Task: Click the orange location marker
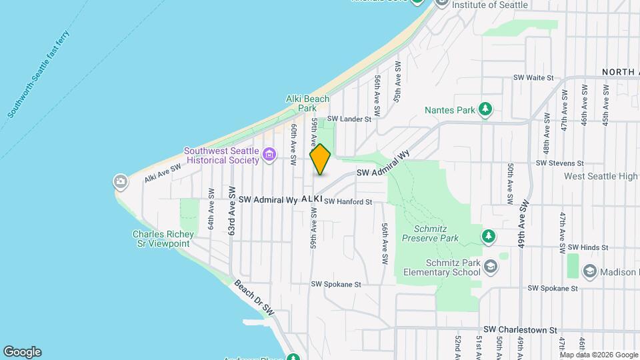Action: (320, 159)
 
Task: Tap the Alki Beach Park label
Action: (307, 103)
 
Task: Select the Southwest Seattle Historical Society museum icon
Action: (269, 155)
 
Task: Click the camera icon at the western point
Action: (121, 181)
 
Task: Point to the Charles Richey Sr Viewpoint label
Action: (163, 239)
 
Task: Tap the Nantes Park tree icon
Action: (486, 108)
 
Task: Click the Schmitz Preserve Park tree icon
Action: (489, 237)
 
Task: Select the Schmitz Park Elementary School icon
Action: (491, 267)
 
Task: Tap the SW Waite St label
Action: (533, 78)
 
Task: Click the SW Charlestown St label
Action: (520, 330)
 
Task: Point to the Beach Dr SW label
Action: (254, 297)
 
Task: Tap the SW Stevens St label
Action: (559, 163)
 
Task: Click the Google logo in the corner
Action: (22, 352)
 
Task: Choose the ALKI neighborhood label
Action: (312, 199)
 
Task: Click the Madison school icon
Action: (589, 271)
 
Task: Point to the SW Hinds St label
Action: (587, 247)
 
